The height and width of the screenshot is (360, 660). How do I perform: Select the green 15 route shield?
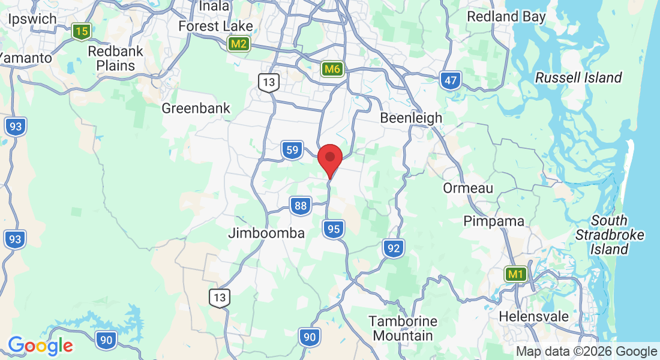pos(80,31)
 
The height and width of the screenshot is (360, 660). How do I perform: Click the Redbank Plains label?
pos(116,58)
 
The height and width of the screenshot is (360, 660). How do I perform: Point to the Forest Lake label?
pos(215,26)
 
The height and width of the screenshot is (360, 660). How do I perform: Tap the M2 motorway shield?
pos(239,44)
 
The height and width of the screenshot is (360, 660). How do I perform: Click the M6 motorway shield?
pos(332,69)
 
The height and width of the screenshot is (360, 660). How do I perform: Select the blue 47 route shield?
pos(449,80)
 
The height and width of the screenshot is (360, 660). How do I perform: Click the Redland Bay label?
pos(506,16)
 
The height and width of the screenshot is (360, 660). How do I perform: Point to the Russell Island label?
pos(578,77)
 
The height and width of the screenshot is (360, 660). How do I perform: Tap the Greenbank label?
pos(196,109)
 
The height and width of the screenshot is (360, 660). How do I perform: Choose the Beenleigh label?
pos(411,118)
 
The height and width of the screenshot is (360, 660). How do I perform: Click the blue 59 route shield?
pos(292,150)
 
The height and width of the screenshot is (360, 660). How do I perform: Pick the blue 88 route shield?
pos(301,206)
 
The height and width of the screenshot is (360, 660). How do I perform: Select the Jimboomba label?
pos(266,233)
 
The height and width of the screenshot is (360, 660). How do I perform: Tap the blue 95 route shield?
pos(334,229)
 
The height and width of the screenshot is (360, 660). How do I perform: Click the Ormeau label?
pos(468,188)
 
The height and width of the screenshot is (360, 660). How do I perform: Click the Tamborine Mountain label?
pos(403,328)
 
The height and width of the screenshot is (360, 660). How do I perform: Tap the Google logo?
pos(40,346)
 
